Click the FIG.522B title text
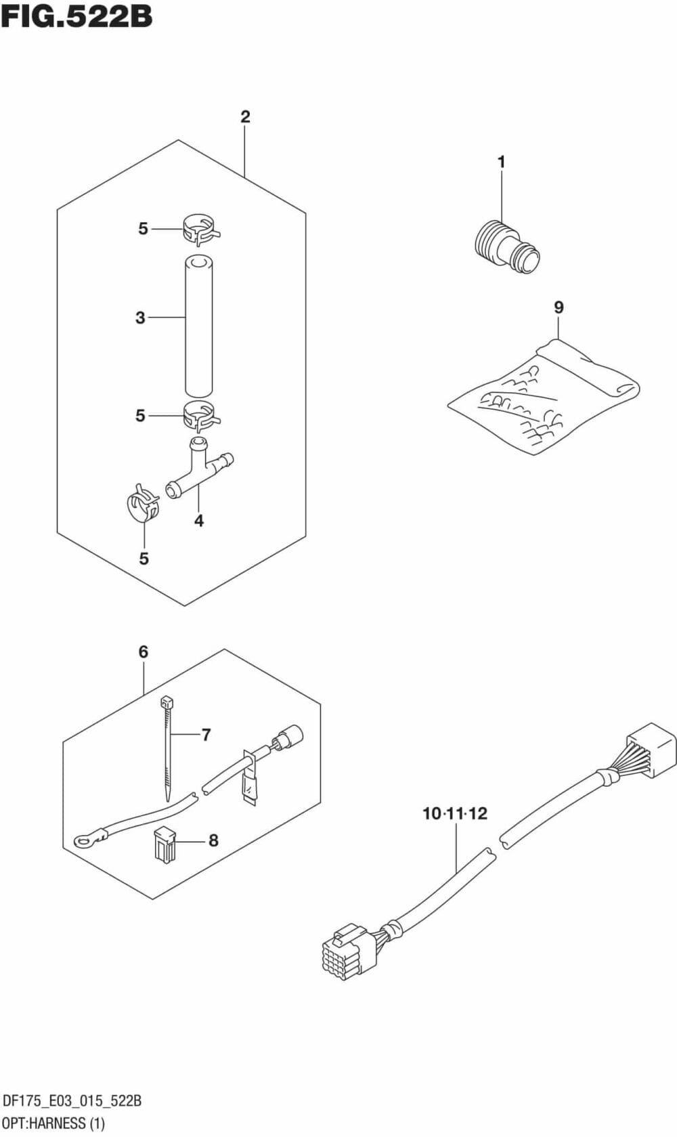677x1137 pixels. (x=77, y=16)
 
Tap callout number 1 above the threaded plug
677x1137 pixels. (x=501, y=163)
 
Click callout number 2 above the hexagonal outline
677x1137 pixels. (x=245, y=117)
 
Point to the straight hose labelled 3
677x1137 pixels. (x=200, y=325)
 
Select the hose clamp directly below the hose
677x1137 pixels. (x=200, y=414)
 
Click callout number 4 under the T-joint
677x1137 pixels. (x=199, y=520)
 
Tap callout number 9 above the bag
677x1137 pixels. (x=559, y=307)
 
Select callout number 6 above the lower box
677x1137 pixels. (x=143, y=651)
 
